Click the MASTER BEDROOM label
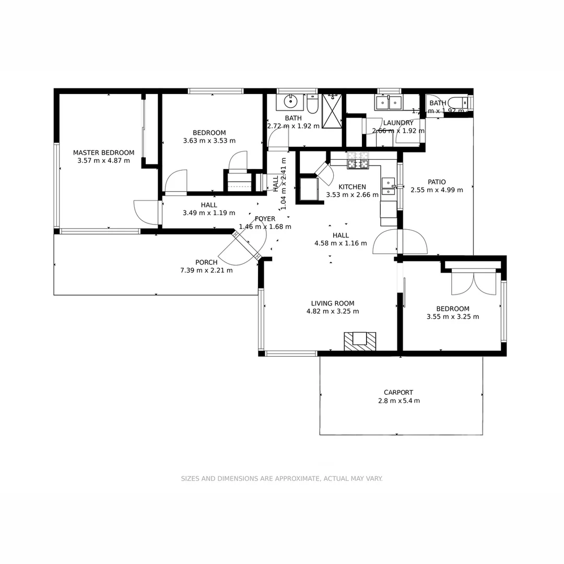103,152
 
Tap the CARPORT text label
398,392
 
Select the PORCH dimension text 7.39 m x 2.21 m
206,271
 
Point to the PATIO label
437,182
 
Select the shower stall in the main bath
332,110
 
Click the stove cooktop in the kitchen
358,160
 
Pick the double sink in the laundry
388,102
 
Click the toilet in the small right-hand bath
461,102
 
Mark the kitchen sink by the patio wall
388,186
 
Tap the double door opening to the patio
400,241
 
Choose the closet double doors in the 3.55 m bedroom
474,283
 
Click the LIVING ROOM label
333,303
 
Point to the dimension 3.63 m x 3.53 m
209,140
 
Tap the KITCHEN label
352,186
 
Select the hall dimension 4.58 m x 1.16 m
340,243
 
